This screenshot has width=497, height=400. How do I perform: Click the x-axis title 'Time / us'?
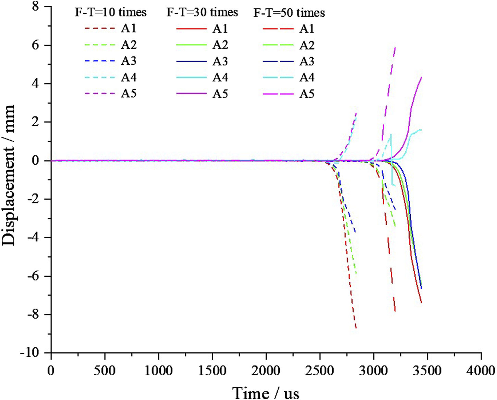coord(266,392)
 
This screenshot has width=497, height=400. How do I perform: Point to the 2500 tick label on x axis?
coord(319,371)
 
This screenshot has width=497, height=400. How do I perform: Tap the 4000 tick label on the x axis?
coord(481,371)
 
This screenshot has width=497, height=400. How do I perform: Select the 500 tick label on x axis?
coord(105,371)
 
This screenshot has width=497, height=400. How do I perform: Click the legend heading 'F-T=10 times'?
coord(111,13)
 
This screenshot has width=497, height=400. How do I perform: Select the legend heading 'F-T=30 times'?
coord(202,13)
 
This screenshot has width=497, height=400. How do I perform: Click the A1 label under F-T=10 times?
coord(129,28)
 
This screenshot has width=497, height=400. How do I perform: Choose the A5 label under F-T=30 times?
coord(220,93)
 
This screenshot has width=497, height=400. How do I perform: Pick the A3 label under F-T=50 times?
coord(307,61)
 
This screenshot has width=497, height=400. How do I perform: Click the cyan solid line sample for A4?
coord(192,78)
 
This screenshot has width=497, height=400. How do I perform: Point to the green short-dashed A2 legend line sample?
coord(99,45)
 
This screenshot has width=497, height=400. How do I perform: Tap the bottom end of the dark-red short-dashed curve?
coord(356,328)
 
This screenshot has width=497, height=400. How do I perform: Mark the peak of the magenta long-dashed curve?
coord(396,48)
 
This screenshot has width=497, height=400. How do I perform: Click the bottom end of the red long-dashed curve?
coord(395,311)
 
